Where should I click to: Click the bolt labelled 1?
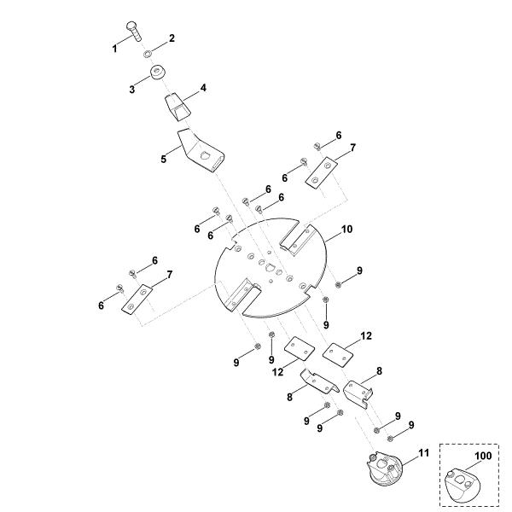click(133, 31)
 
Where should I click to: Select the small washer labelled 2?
click(147, 53)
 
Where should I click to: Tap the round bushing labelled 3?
click(157, 73)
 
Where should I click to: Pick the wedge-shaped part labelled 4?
click(177, 108)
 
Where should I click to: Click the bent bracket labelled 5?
click(201, 151)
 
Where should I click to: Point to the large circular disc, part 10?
click(271, 267)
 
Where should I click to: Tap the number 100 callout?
click(483, 456)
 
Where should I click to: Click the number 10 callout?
click(347, 230)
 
